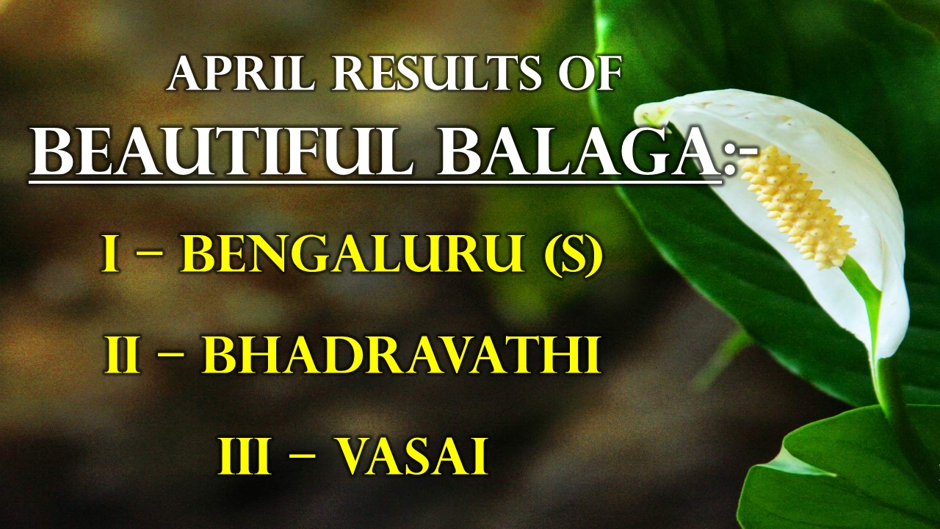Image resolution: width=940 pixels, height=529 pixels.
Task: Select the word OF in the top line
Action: click(589, 75)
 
